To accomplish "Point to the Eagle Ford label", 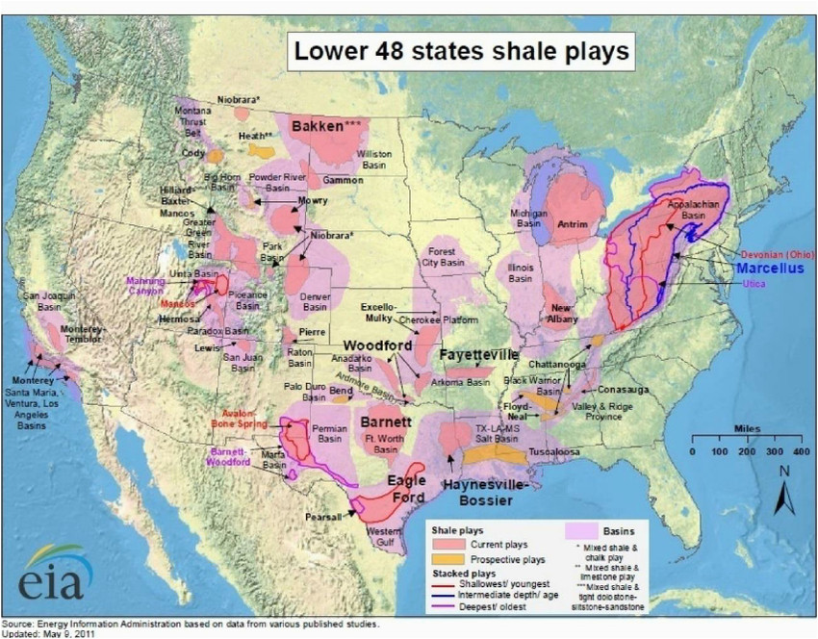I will click(x=407, y=488).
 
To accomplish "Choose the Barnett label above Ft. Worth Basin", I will click(x=386, y=422).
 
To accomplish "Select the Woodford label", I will click(x=378, y=345).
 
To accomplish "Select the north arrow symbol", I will click(x=783, y=491).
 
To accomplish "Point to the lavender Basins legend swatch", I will click(x=581, y=530).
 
